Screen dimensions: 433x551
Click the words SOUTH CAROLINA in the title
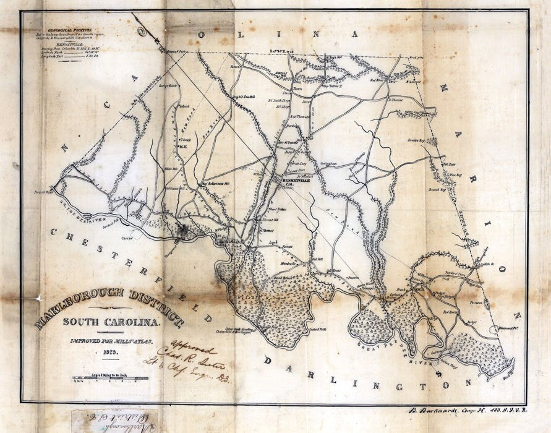click(112, 322)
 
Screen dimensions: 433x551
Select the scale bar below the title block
click(103, 377)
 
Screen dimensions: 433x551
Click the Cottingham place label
click(327, 164)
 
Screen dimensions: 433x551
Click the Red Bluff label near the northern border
click(377, 80)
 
